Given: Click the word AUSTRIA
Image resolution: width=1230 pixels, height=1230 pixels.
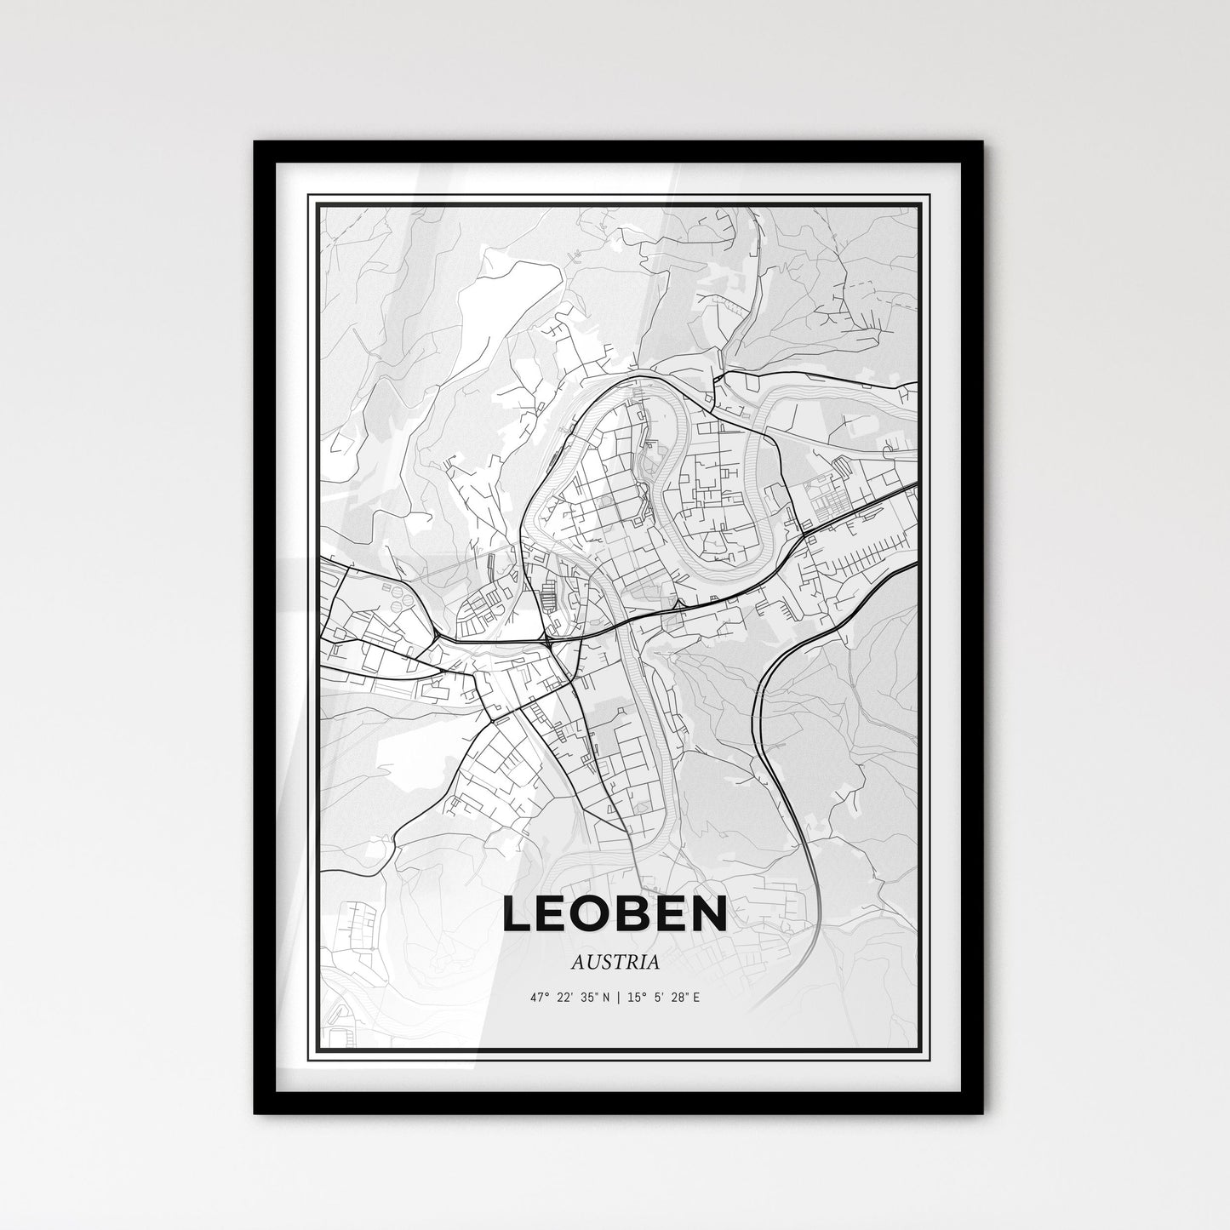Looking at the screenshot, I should pos(615,964).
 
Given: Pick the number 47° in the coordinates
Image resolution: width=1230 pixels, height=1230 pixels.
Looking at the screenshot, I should pos(538,997).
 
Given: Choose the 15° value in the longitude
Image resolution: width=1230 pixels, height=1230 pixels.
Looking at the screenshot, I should pos(637,997).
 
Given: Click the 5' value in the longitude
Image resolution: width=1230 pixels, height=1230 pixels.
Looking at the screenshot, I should pos(658,997).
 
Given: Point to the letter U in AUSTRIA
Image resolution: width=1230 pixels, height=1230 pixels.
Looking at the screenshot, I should pos(592,964).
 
